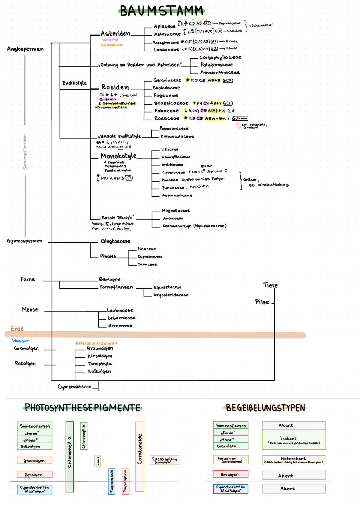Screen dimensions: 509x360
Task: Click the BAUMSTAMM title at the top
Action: tap(162, 11)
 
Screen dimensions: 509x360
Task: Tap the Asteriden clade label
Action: tap(115, 34)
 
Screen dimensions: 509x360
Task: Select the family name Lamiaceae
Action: tap(166, 50)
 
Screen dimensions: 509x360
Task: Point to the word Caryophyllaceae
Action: tap(220, 57)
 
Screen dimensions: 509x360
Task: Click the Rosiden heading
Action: tap(115, 87)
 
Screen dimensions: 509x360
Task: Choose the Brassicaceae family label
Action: tap(171, 103)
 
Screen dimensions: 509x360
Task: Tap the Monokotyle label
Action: tap(118, 156)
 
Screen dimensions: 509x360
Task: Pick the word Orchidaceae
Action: tap(172, 165)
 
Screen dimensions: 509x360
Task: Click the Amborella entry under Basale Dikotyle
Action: tap(173, 218)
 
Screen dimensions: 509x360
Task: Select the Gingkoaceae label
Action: tap(115, 241)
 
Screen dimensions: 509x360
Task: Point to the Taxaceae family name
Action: tap(147, 264)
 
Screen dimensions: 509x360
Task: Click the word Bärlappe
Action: tap(109, 279)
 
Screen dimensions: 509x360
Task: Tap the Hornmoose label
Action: tap(120, 326)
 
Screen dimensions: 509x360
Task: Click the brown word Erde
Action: tap(17, 329)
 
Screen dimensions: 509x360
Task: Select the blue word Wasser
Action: tap(21, 341)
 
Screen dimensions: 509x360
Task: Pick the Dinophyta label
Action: tap(100, 364)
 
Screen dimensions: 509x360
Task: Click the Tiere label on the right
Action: tap(270, 285)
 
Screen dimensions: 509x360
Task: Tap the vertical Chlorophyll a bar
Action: tap(70, 457)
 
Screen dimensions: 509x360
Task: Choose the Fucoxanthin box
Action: tap(164, 460)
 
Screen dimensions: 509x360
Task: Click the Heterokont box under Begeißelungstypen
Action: tap(293, 460)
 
